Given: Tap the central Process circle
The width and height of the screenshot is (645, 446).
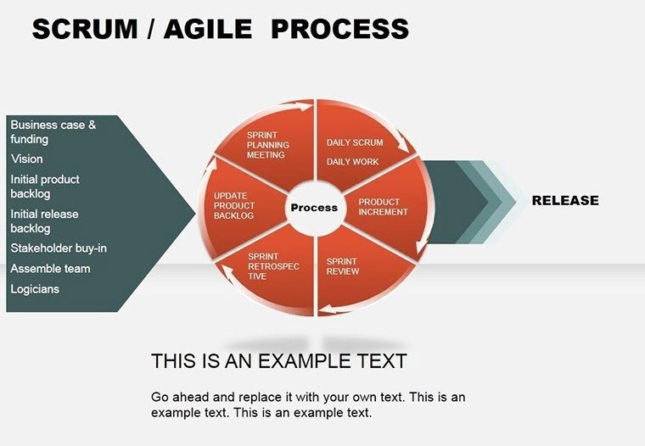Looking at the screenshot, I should (314, 208).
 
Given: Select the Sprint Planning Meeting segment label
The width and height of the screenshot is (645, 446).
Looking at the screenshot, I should (267, 145).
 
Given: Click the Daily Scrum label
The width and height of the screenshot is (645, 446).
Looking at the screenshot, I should (355, 142).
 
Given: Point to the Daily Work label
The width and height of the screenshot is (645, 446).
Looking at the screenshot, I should (353, 162).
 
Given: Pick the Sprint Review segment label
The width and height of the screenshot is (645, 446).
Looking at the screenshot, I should (343, 266).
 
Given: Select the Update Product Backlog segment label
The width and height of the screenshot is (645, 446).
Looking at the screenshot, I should (233, 206).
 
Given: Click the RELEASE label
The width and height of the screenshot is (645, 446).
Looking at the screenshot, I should (565, 201).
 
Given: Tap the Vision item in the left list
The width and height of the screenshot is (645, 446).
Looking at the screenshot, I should (27, 159).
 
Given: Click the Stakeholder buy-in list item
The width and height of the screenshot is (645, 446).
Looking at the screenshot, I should (59, 248).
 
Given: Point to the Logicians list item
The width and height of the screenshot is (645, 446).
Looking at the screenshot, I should (36, 289).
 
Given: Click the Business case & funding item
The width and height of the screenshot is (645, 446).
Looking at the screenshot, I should (53, 131).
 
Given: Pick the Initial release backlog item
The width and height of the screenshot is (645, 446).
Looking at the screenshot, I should (44, 221).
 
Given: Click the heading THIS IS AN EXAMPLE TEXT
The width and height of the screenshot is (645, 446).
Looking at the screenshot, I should (278, 361).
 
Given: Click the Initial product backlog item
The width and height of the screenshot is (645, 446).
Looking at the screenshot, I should (45, 187).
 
